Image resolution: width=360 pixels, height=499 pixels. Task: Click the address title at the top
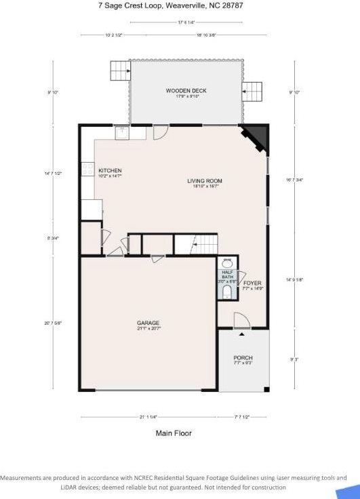click(180, 5)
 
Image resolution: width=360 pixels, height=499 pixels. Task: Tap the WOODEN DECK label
click(186, 90)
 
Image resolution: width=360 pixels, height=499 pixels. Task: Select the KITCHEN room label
click(110, 171)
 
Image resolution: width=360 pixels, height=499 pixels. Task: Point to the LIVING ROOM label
click(205, 181)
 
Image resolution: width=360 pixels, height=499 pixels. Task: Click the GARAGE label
click(148, 323)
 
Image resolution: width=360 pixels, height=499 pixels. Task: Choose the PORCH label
click(243, 358)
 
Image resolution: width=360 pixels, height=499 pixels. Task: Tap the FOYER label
click(252, 283)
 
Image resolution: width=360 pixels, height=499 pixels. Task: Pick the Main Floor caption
click(174, 433)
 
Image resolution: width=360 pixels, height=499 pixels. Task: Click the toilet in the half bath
click(226, 293)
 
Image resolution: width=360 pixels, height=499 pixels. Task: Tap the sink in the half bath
click(226, 263)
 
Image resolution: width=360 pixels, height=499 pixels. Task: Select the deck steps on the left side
click(120, 70)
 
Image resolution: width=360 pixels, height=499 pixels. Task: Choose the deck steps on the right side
click(252, 91)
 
